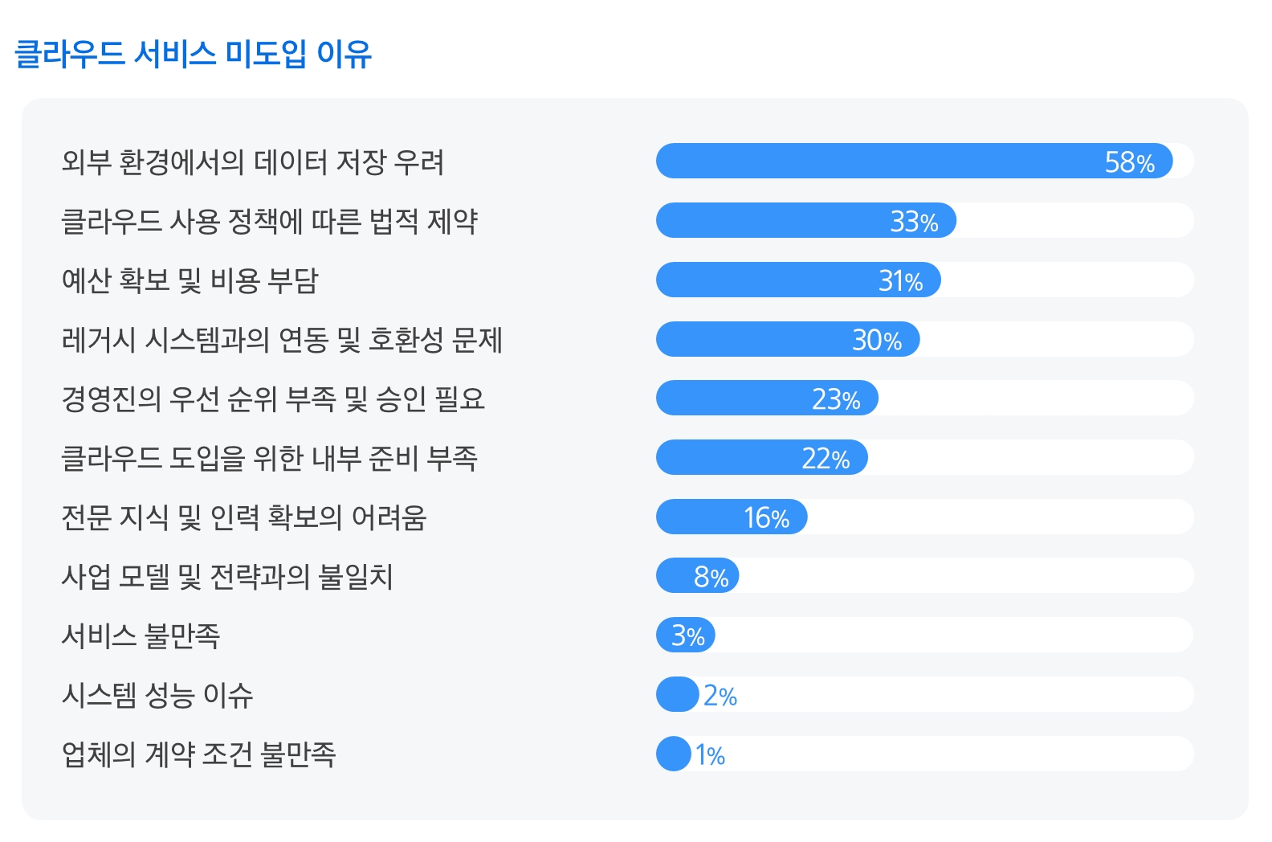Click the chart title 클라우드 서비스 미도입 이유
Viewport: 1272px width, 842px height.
coord(193,54)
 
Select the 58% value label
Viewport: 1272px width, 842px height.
coord(1129,162)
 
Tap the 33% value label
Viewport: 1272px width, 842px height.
coord(914,222)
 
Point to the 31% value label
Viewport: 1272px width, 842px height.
coord(900,281)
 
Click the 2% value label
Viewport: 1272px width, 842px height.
coord(720,696)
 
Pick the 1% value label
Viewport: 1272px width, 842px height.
coord(710,755)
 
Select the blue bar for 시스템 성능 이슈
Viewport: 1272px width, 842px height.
coord(677,695)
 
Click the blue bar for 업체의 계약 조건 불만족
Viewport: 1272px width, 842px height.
coord(673,754)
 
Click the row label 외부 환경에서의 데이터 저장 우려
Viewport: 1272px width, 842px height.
coord(253,162)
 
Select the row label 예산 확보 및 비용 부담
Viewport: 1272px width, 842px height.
coord(190,280)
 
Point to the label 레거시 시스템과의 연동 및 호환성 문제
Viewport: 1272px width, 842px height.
coord(282,340)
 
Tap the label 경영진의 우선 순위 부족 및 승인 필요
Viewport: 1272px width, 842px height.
coord(273,399)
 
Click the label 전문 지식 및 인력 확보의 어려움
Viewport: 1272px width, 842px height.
coord(243,517)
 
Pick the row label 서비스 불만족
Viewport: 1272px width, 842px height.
coord(141,636)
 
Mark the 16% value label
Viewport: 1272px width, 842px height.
coord(766,518)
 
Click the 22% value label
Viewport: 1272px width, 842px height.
coord(826,459)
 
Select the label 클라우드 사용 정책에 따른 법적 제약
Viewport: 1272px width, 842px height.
coord(269,222)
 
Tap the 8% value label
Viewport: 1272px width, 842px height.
coord(711,577)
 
